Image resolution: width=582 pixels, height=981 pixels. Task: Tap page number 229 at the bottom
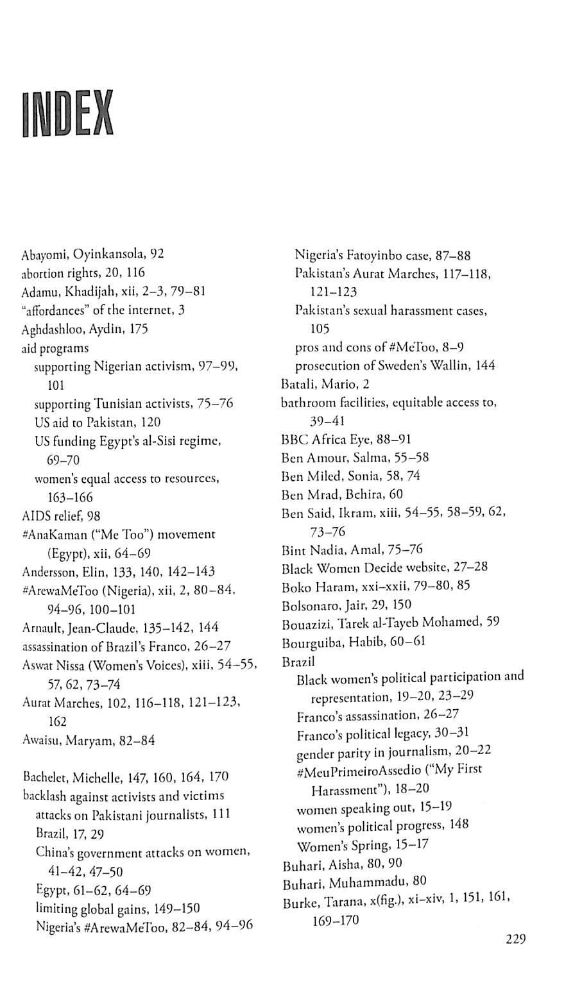[x=515, y=939]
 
